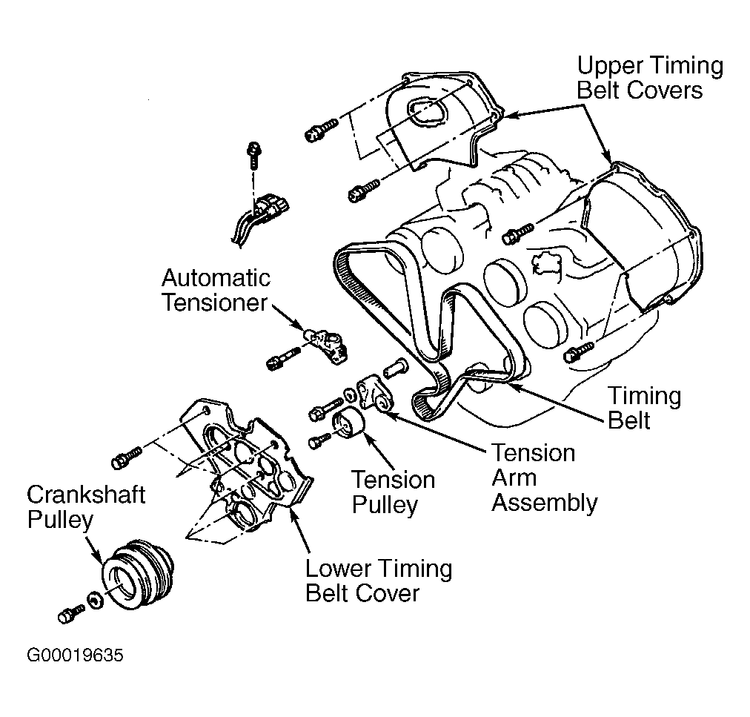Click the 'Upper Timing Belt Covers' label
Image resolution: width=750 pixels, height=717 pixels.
(650, 78)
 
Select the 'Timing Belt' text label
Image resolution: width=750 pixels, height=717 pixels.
(643, 408)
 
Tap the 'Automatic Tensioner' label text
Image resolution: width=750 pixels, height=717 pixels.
(216, 291)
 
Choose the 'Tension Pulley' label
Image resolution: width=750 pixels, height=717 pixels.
(393, 492)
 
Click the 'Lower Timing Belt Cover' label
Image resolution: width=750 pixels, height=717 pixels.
(379, 581)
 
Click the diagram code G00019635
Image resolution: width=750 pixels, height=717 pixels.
(75, 656)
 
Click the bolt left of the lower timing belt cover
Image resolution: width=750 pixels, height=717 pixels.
(124, 457)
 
